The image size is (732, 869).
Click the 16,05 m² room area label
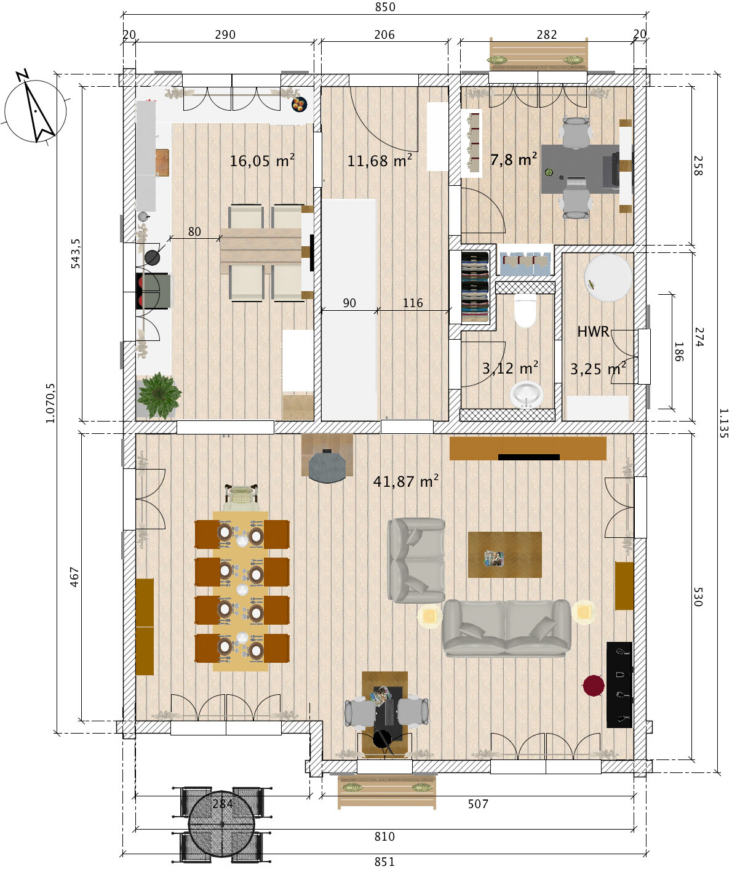tap(262, 160)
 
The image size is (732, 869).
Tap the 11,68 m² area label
tap(380, 160)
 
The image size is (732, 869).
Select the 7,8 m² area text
tap(514, 159)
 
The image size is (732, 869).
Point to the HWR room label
tap(593, 332)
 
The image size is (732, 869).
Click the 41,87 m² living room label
tap(405, 481)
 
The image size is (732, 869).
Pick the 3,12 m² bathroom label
tap(510, 368)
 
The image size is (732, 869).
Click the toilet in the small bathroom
tap(525, 310)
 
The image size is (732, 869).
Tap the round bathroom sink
tap(527, 394)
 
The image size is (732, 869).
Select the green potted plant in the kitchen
tap(159, 395)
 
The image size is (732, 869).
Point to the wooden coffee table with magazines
tap(504, 555)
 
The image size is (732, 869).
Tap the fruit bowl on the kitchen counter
tap(299, 104)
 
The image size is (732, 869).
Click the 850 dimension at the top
tap(384, 7)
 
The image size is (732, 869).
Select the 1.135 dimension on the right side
tap(724, 423)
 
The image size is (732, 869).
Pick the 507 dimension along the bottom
tap(478, 804)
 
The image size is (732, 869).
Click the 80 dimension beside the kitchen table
tap(194, 231)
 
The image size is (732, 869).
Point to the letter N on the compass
tap(22, 75)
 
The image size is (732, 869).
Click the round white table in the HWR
tap(608, 277)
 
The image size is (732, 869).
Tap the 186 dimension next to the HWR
tap(678, 351)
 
